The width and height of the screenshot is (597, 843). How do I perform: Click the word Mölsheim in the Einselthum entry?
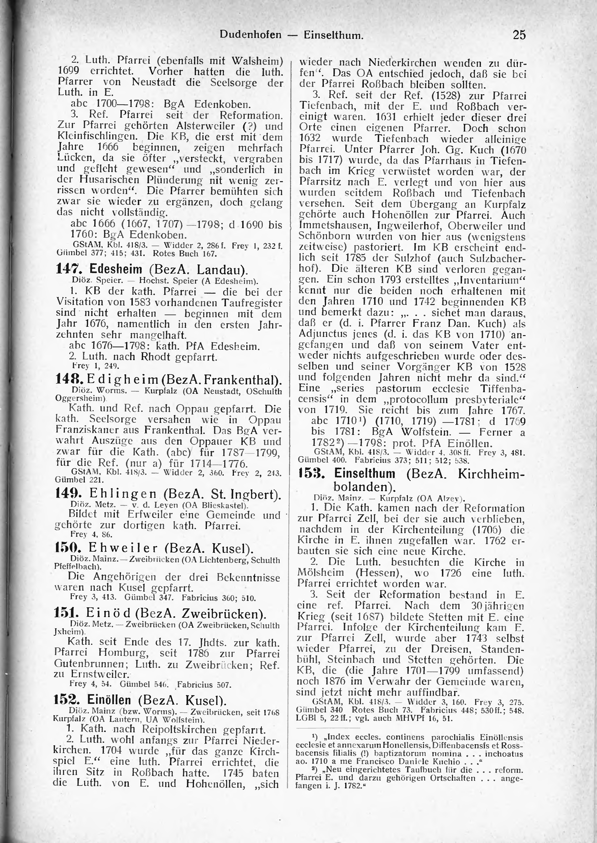[321, 573]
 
